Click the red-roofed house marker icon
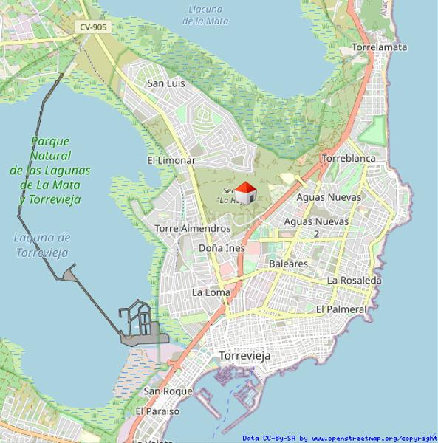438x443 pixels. click(246, 193)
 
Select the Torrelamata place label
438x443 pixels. click(380, 47)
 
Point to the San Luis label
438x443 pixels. click(166, 83)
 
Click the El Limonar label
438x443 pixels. click(171, 160)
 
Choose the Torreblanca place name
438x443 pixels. click(349, 158)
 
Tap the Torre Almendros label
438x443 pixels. click(192, 229)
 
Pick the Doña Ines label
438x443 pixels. click(222, 248)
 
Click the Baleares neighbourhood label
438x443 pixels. click(288, 264)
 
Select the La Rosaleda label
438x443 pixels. click(355, 281)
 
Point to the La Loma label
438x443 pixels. click(211, 292)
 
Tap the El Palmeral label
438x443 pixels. click(341, 309)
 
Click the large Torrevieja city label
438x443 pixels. click(245, 356)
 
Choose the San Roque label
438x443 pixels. click(168, 391)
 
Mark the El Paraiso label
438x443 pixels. click(157, 411)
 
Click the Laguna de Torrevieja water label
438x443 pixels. click(42, 245)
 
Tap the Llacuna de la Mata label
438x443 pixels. click(205, 15)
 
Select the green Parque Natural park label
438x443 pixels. click(49, 170)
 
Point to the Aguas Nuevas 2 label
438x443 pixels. click(317, 227)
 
